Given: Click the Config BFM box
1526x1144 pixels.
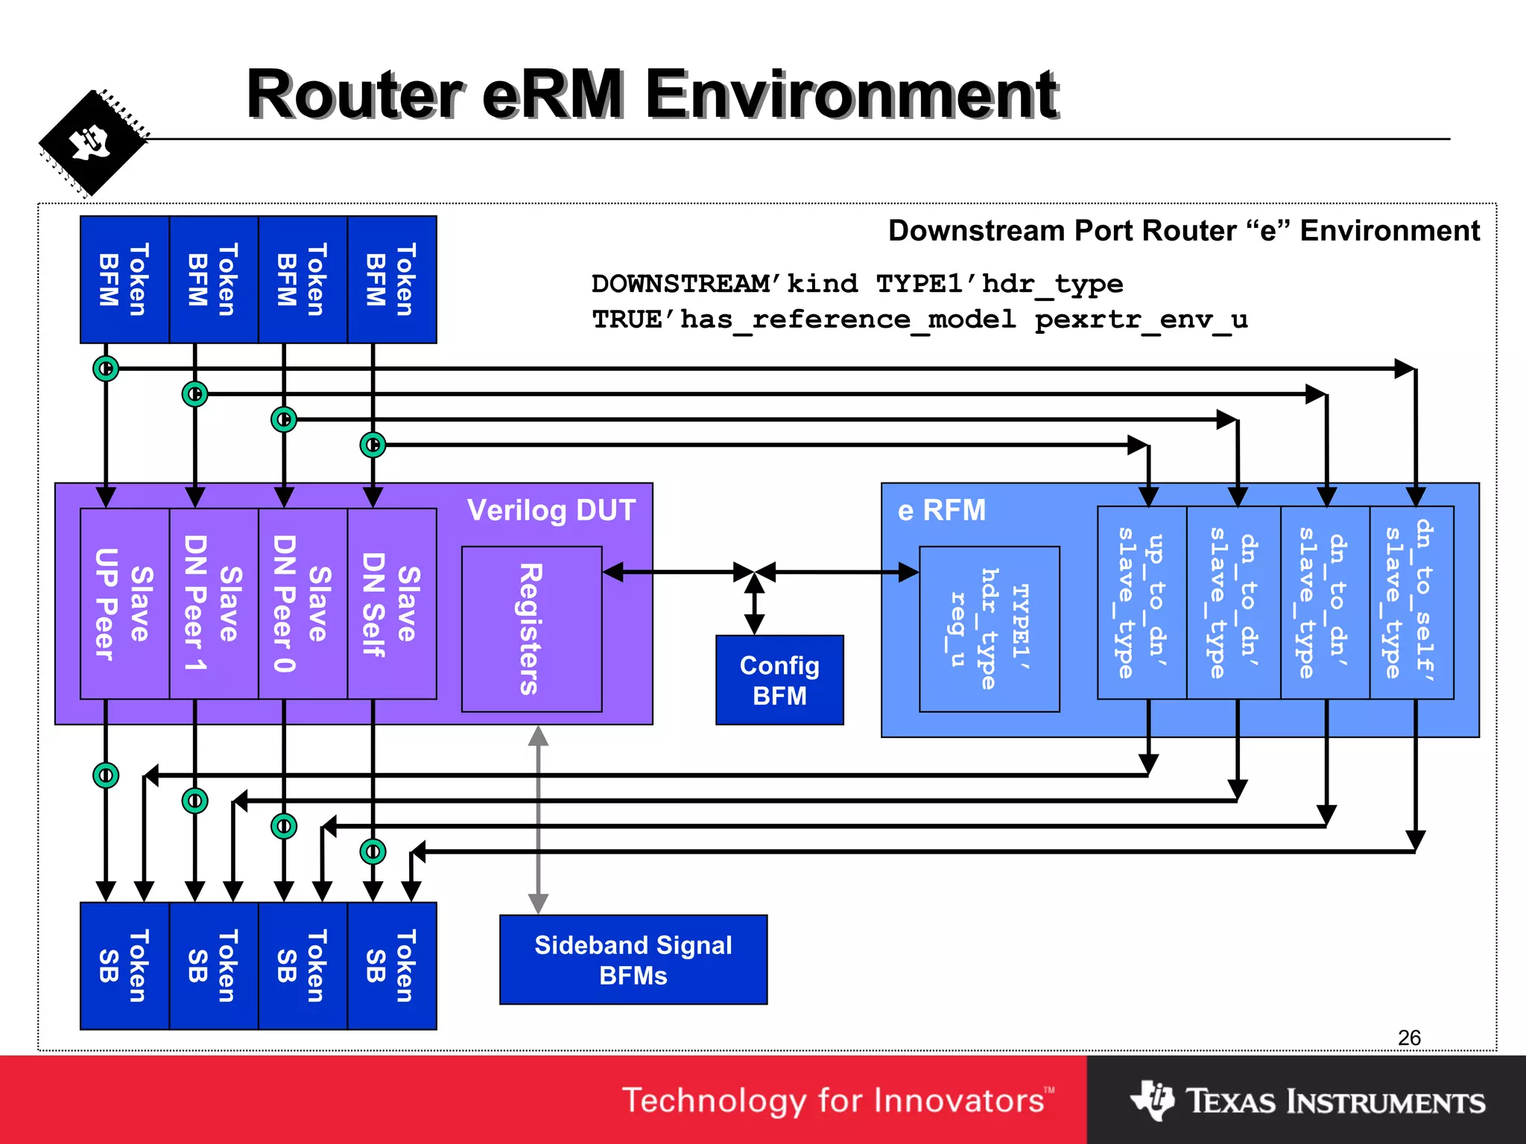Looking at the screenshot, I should click(779, 680).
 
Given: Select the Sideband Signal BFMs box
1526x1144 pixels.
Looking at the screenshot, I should click(633, 959).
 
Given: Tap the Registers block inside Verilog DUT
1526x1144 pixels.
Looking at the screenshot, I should click(531, 629).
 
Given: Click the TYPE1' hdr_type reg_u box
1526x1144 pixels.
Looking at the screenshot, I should click(989, 629).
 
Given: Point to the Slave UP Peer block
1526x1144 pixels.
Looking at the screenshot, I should click(124, 604).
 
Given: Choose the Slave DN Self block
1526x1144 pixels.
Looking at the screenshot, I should click(392, 604).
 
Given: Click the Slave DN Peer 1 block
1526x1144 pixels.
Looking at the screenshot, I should click(214, 604).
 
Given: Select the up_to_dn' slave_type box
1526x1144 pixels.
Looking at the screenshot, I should click(1142, 603).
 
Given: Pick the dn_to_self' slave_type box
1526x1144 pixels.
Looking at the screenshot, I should click(1411, 603).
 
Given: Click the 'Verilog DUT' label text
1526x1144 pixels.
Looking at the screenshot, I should click(551, 511).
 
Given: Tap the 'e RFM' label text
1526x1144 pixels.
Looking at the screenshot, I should click(941, 511).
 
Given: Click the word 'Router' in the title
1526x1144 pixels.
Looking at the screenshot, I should click(355, 95).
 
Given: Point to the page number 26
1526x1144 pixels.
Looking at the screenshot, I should click(1409, 1037).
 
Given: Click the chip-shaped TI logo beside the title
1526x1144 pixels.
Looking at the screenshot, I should click(92, 143).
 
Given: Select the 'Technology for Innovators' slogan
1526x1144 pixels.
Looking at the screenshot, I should click(838, 1101).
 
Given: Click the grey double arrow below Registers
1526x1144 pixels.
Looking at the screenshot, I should click(538, 819).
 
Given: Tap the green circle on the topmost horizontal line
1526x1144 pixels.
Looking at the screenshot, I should click(106, 369).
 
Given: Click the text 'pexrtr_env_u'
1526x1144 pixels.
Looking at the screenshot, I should click(1141, 320).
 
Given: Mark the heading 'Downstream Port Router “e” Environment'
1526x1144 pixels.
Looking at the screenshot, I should click(1183, 231).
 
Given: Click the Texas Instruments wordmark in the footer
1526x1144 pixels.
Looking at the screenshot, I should click(1335, 1102).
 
